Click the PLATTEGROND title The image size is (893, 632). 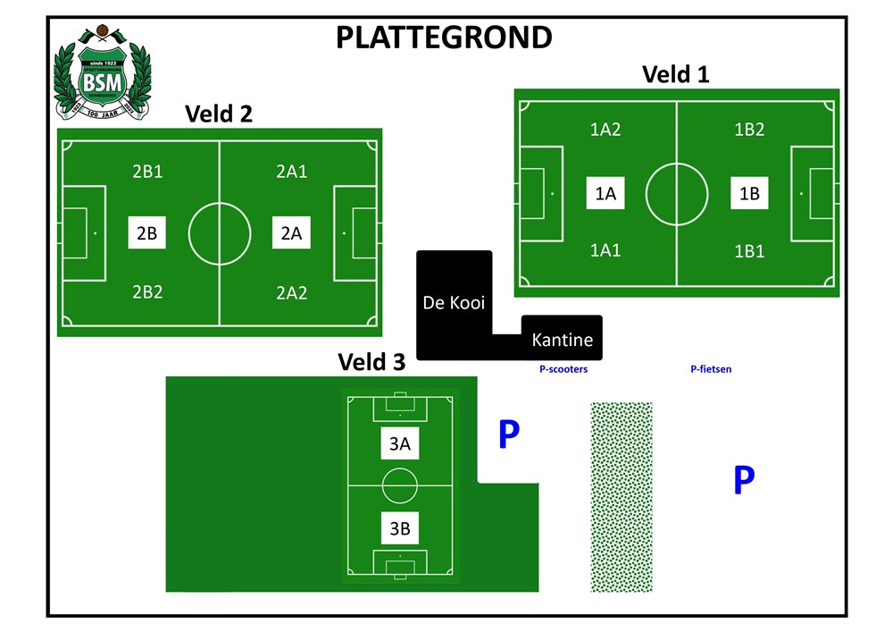tap(443, 38)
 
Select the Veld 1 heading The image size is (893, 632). tap(676, 74)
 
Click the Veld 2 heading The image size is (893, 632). tap(219, 114)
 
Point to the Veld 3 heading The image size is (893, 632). tap(371, 362)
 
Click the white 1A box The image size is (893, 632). tap(605, 193)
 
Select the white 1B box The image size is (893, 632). tap(749, 193)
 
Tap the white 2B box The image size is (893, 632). tap(146, 233)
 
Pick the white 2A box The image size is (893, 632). tap(291, 233)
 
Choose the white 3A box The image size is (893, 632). tap(399, 443)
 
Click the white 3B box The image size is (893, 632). tap(399, 528)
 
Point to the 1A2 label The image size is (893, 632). tap(605, 130)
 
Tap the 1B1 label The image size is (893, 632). tap(749, 251)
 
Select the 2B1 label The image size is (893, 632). tap(147, 172)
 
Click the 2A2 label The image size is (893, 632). tap(291, 292)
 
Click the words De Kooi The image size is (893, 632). tap(454, 302)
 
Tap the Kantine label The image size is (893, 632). tap(562, 340)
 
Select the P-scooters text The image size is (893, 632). tap(563, 368)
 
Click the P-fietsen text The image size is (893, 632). tap(711, 368)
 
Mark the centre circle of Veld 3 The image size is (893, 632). tap(399, 485)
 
